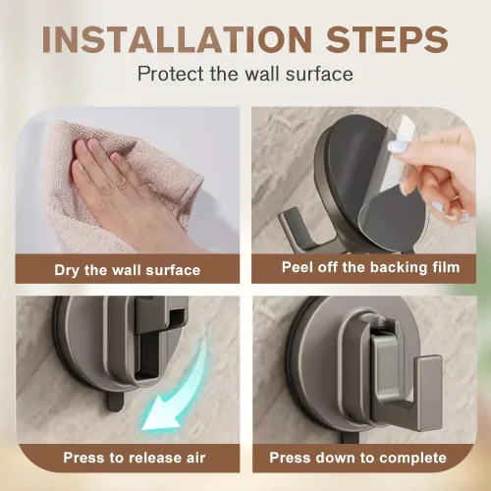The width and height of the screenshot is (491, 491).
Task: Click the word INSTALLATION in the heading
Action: [x=177, y=39]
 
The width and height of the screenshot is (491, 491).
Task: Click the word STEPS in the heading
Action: [x=387, y=39]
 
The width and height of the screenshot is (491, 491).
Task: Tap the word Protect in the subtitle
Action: [x=170, y=74]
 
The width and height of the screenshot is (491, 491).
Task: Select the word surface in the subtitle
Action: [x=319, y=75]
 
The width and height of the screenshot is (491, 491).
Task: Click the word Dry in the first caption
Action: [x=67, y=271]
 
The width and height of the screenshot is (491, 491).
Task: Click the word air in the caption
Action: [x=195, y=458]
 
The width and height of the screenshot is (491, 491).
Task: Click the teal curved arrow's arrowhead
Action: [x=160, y=417]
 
